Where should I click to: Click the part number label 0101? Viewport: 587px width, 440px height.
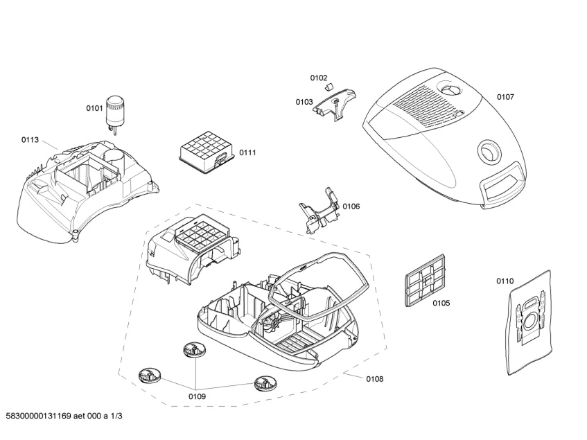coord(94,108)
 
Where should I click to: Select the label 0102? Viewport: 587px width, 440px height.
coord(319,78)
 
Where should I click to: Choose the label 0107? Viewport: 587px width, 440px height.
coord(505,97)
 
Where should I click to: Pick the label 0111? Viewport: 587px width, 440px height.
coord(247,152)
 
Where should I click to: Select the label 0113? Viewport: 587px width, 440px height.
coord(30,139)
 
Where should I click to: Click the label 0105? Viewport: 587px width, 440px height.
coord(441,303)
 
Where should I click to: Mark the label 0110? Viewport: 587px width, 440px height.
coord(505,281)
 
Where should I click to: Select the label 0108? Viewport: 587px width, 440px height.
coord(374,379)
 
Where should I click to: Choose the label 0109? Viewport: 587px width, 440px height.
coord(197,396)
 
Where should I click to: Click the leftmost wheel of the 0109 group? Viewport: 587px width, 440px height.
coord(149,377)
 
